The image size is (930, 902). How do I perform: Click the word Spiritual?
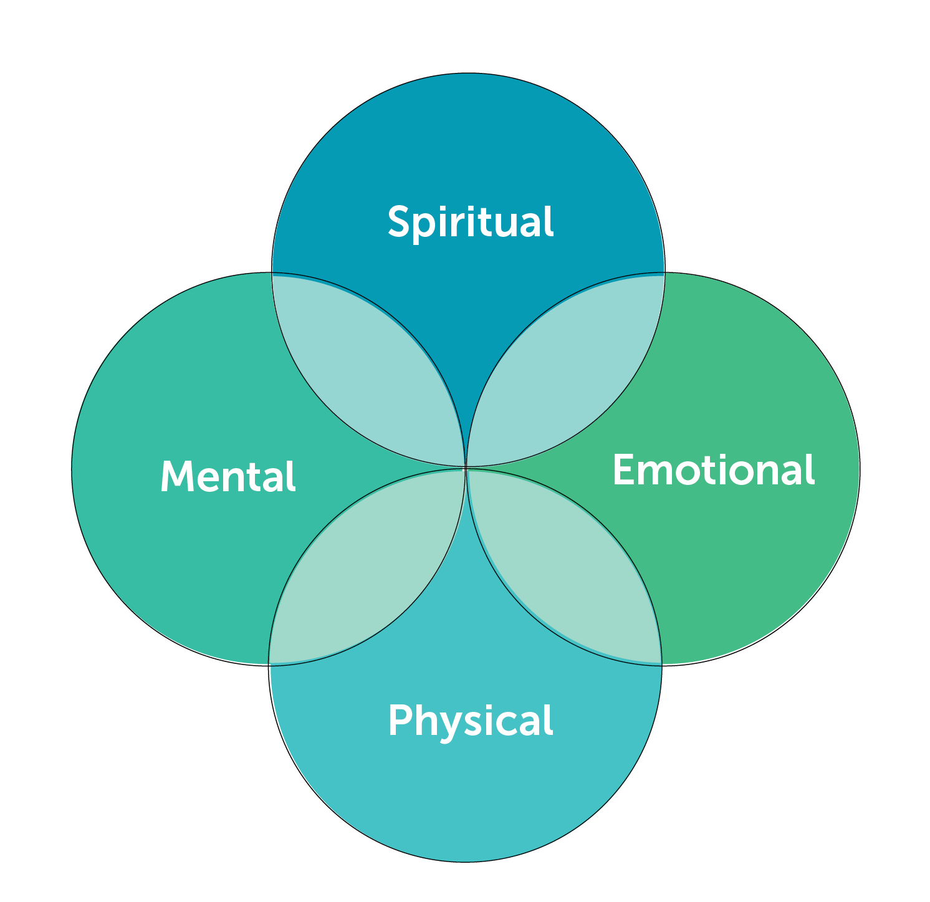[471, 222]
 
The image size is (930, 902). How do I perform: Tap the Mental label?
[228, 477]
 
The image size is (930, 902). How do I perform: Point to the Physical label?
[471, 721]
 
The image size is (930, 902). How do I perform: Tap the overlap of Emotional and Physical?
[564, 566]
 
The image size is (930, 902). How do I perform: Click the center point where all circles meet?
[467, 467]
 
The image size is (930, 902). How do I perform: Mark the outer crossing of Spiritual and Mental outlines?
[272, 273]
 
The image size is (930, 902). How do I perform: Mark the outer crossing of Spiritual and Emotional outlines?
[664, 273]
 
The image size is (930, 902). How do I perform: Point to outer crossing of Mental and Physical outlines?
[269, 665]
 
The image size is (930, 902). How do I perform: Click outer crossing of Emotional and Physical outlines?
[661, 665]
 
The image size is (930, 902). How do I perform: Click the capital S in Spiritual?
[399, 221]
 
